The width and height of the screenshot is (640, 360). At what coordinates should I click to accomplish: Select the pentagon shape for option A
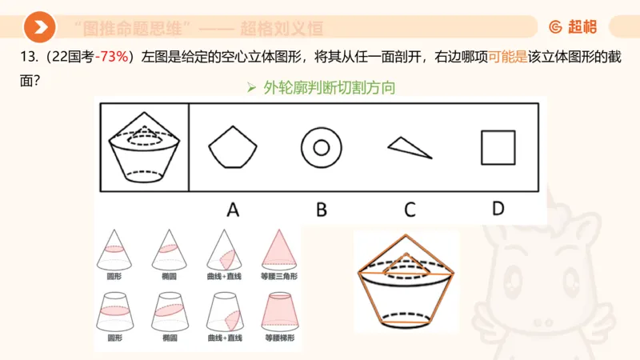[233, 147]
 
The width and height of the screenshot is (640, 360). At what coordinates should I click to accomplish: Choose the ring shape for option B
[322, 147]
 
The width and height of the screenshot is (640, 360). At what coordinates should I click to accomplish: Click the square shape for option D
[498, 147]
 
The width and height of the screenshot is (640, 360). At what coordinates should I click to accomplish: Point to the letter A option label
[233, 210]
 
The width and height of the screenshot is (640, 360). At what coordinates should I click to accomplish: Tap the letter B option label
[322, 210]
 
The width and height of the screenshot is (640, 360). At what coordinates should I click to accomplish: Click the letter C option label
[410, 210]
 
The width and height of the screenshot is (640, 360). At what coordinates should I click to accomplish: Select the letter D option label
[498, 209]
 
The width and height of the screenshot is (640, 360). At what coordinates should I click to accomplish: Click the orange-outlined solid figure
[406, 282]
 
